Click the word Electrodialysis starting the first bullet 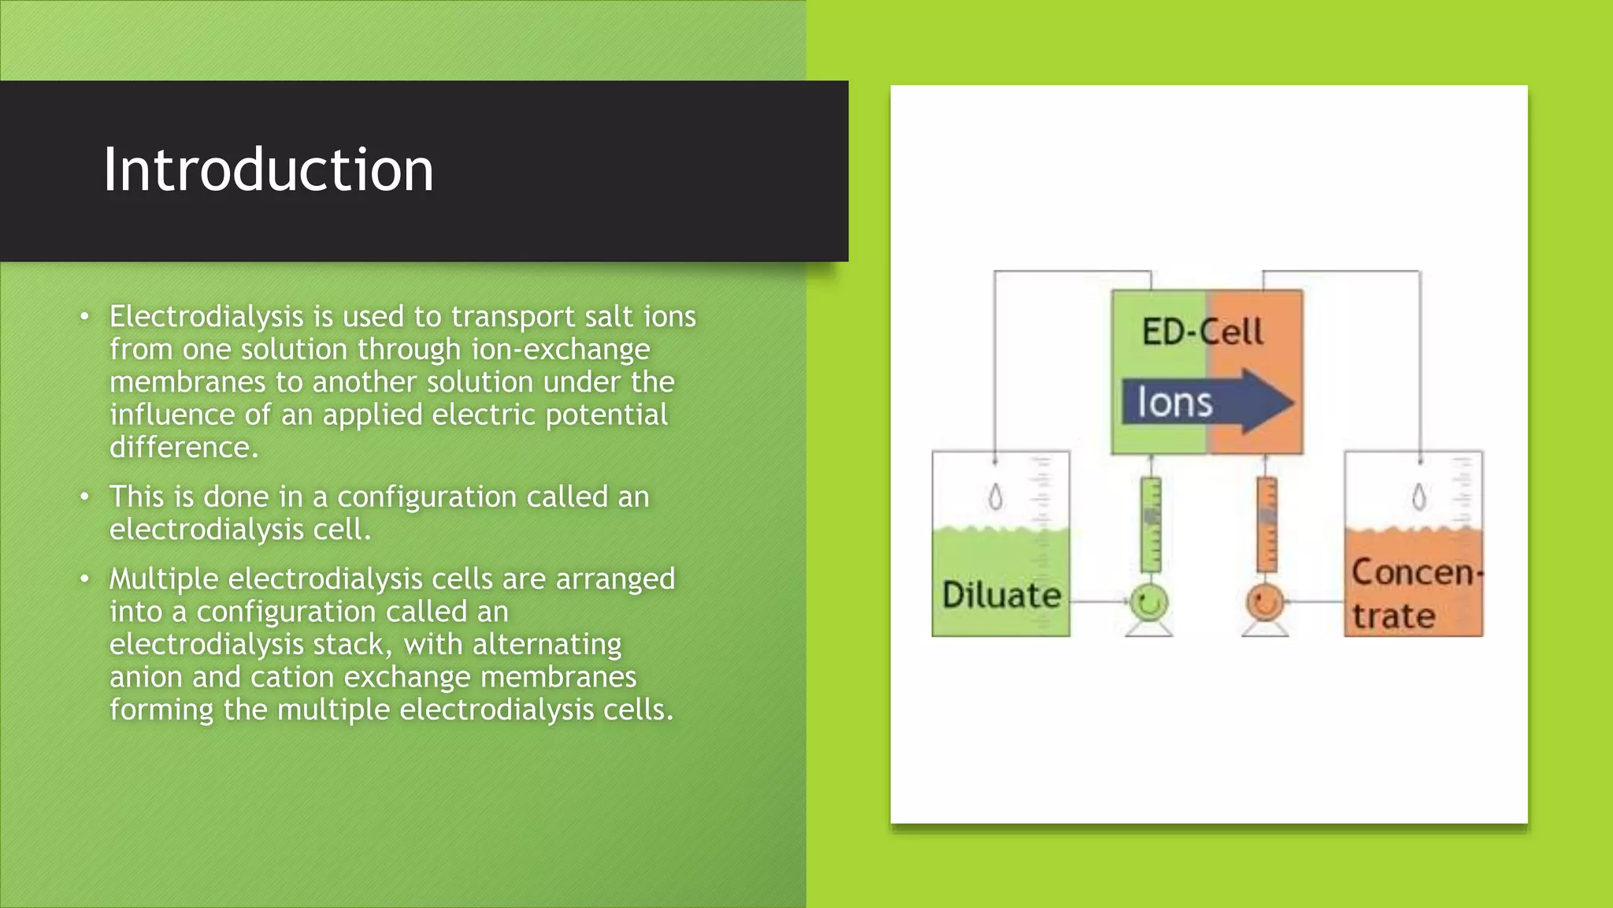tap(206, 317)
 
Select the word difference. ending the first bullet tap(184, 448)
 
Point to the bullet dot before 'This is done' tap(84, 497)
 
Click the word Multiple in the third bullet tap(163, 579)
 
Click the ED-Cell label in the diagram tap(1202, 332)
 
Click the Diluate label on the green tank tap(1001, 595)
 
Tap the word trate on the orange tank tap(1393, 616)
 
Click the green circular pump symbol tap(1149, 604)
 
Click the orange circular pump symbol tap(1265, 604)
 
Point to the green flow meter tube tap(1151, 524)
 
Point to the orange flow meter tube tap(1266, 524)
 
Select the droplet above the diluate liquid tap(996, 497)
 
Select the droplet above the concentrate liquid tap(1419, 497)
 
